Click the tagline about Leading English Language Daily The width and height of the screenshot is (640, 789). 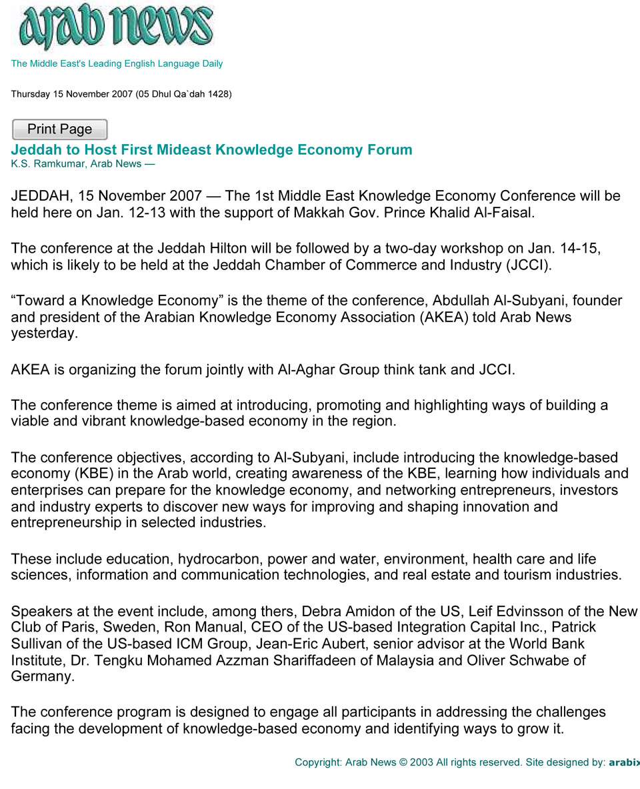point(117,64)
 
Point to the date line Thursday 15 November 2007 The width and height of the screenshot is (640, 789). point(121,94)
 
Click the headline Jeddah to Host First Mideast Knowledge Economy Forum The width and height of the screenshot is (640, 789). point(211,149)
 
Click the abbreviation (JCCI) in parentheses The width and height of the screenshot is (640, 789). point(529,265)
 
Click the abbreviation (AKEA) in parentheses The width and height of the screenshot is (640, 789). point(444,317)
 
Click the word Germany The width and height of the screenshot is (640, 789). point(41,676)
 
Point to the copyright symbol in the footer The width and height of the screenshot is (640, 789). point(403,762)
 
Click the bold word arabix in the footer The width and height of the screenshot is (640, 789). point(624,762)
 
